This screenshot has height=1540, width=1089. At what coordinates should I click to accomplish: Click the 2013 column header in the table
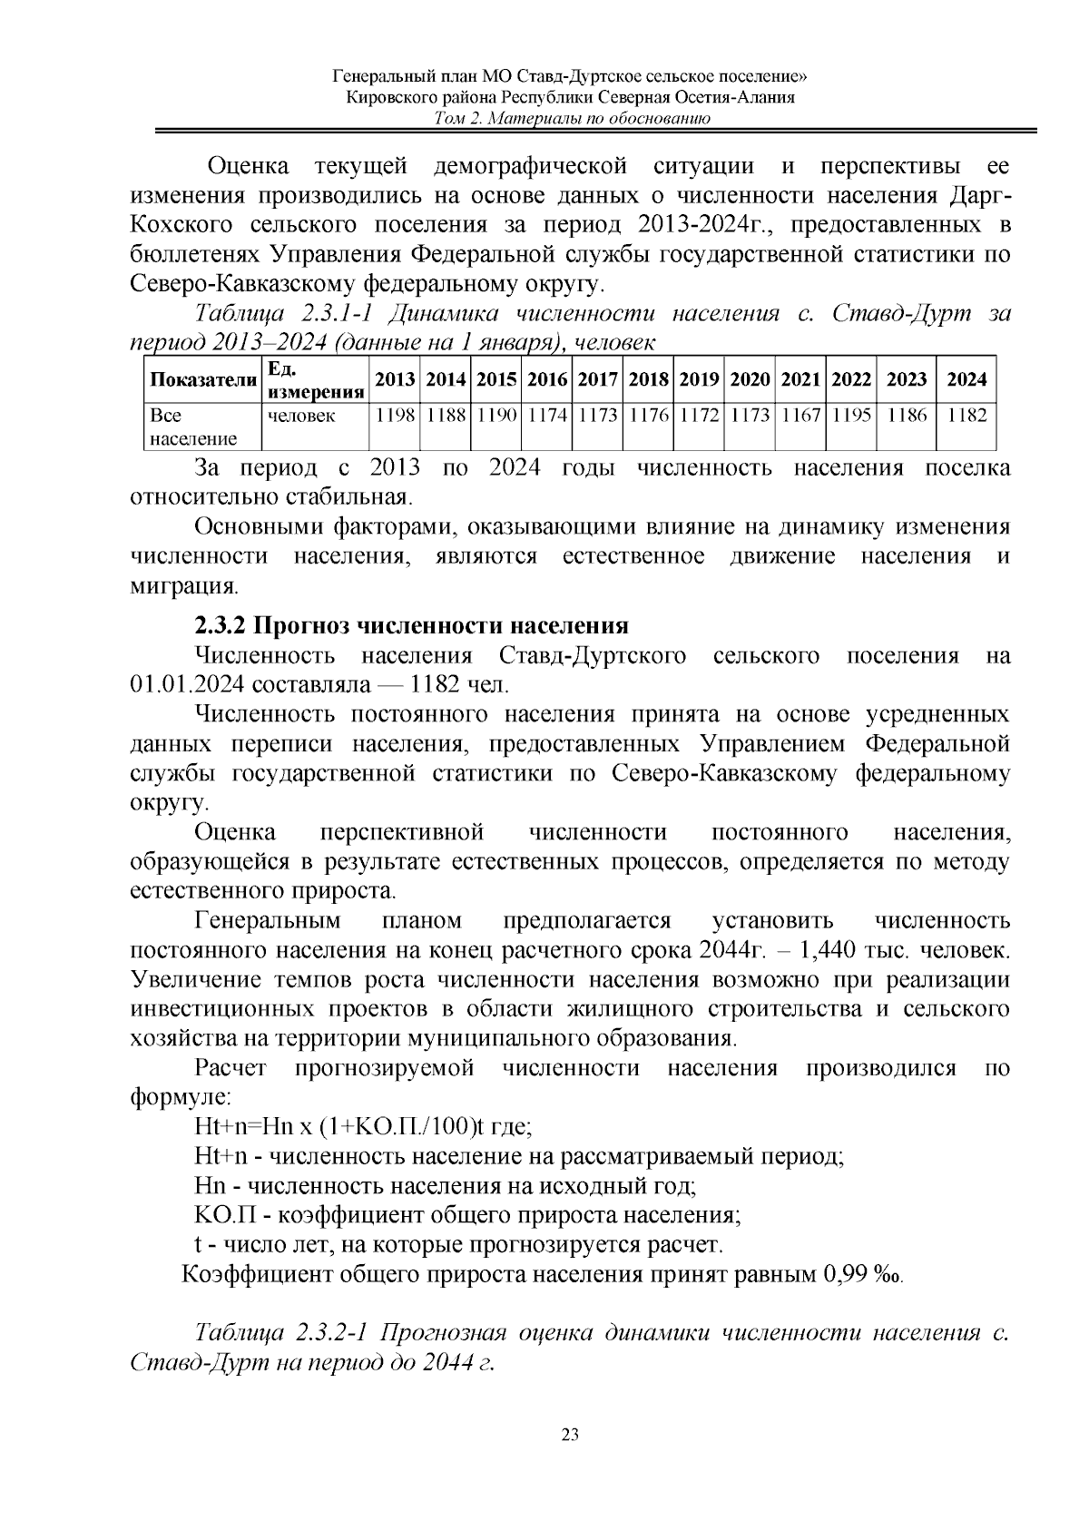point(395,380)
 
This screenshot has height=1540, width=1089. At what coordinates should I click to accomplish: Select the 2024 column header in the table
point(966,380)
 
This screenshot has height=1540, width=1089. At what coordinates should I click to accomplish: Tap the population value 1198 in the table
point(395,416)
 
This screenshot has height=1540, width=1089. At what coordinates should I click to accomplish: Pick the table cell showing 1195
point(851,416)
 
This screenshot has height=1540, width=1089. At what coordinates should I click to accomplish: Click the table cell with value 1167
point(800,416)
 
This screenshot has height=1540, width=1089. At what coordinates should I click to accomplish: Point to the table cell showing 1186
point(907,416)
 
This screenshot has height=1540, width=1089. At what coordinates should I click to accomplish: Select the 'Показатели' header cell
point(203,380)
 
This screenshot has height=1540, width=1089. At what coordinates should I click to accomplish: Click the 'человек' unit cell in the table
point(300,416)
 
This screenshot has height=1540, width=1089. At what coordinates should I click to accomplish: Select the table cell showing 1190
point(495,416)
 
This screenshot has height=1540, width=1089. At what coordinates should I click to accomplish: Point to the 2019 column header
point(699,380)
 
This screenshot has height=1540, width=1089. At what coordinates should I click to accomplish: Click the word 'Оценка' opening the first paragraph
point(249,167)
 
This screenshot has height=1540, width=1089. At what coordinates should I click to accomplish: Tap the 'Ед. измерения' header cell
point(314,380)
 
